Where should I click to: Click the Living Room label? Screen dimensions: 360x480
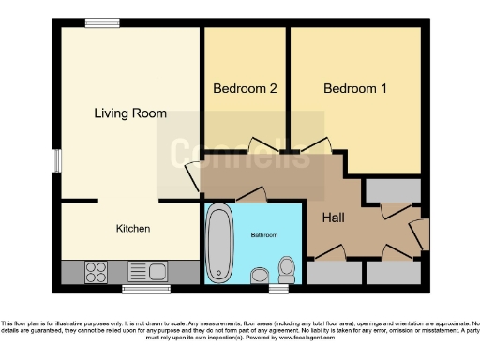click(x=130, y=113)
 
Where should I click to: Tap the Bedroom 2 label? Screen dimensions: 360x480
click(x=245, y=89)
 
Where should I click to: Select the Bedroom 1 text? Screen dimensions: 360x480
click(x=355, y=89)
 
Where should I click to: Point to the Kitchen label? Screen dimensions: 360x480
click(x=132, y=229)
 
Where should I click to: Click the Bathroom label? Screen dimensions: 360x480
click(x=262, y=235)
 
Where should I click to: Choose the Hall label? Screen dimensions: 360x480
click(x=335, y=218)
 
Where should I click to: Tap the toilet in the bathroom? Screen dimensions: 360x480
click(x=287, y=270)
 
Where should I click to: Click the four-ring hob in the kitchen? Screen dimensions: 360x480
click(x=96, y=272)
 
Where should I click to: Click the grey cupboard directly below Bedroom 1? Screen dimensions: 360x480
click(x=392, y=190)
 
